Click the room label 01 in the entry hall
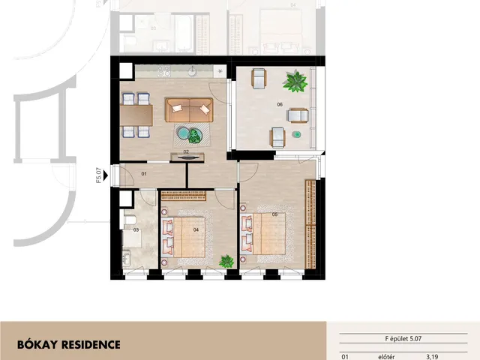(144, 174)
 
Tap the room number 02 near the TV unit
(186, 151)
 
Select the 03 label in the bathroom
(136, 230)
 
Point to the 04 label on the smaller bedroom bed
(196, 230)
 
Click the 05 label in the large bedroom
(275, 214)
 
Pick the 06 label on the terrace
(280, 105)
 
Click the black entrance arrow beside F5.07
(106, 175)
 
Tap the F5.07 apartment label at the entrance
(98, 175)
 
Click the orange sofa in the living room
(189, 110)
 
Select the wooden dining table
(136, 115)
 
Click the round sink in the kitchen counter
(193, 71)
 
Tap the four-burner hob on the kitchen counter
(163, 71)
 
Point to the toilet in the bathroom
(130, 220)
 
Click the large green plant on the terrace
(295, 81)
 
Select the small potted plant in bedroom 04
(226, 262)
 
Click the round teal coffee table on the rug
(184, 133)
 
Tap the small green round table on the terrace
(296, 134)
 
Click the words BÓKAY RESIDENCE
(69, 345)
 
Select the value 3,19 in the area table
(432, 357)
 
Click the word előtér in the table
(386, 357)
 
